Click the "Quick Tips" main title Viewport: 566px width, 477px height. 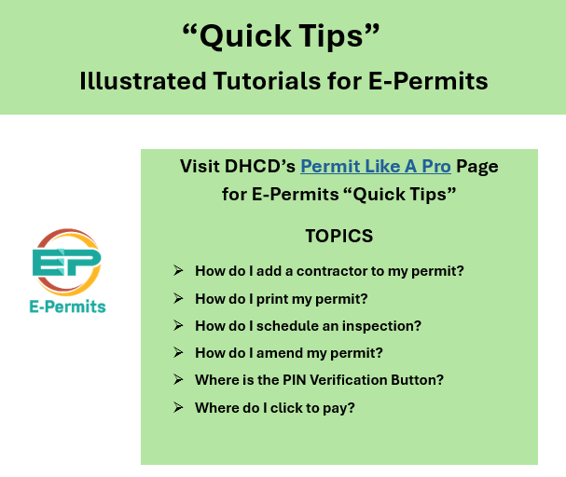[x=283, y=36]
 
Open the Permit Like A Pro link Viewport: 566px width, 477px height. [x=375, y=167]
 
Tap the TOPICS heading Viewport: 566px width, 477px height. [x=338, y=236]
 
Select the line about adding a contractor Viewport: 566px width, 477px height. [x=329, y=271]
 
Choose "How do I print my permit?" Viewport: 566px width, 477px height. [x=282, y=298]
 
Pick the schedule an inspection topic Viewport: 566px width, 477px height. [x=308, y=326]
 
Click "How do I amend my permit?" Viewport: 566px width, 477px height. [x=289, y=353]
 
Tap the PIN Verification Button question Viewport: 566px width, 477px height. [x=319, y=380]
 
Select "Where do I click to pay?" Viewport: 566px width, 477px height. [x=275, y=407]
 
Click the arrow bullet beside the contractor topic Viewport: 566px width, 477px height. [x=177, y=271]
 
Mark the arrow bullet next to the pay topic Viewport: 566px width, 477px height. [x=177, y=407]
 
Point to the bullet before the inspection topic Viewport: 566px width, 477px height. [x=177, y=326]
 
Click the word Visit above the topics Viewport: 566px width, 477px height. [x=198, y=167]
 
